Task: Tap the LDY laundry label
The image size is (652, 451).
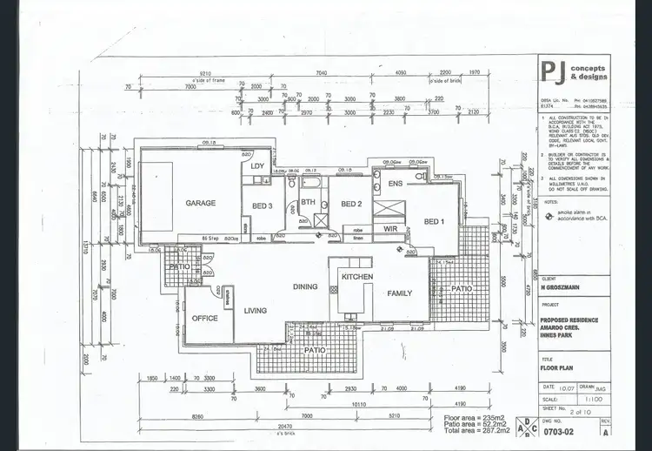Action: pos(257,165)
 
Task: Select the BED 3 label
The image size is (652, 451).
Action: pos(263,205)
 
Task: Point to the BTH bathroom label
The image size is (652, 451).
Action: pos(308,202)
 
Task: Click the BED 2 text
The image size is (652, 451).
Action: pos(350,204)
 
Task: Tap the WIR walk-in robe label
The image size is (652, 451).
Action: pos(390,228)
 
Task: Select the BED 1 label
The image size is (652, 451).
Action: pos(434,221)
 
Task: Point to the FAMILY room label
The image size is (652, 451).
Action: pos(400,293)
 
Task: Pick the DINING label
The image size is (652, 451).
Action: pos(304,286)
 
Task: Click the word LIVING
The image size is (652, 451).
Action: pos(255,310)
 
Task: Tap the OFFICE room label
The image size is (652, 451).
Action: pos(205,319)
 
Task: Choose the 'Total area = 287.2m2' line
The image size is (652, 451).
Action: pos(470,433)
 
